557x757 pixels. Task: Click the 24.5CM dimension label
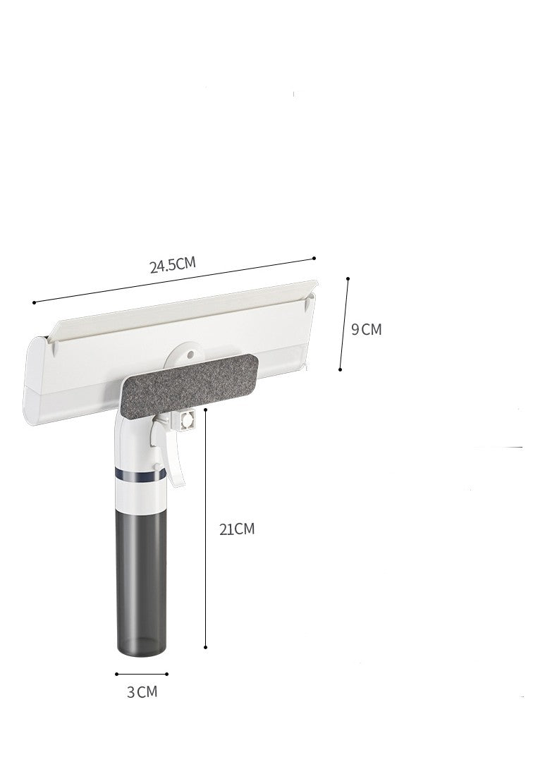click(x=172, y=265)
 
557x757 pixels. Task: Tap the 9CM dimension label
click(x=366, y=328)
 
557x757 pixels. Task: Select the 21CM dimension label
click(x=236, y=529)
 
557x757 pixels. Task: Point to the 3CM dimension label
click(x=142, y=691)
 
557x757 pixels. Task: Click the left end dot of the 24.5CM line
click(x=34, y=302)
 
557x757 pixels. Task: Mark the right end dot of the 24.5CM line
click(x=314, y=259)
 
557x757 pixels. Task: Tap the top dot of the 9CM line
click(x=348, y=279)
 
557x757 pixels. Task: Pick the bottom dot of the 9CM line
click(x=340, y=369)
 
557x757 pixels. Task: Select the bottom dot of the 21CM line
click(x=205, y=647)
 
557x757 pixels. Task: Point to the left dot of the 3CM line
click(x=117, y=673)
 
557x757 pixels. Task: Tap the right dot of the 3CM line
click(x=167, y=673)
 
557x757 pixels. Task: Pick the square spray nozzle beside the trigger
click(x=188, y=421)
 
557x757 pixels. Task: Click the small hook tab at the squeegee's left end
click(x=54, y=345)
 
